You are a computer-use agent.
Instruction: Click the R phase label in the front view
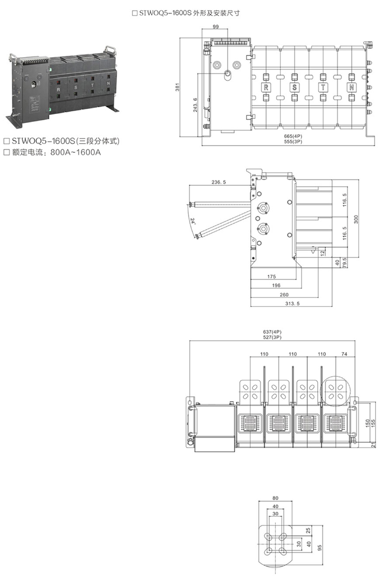pyautogui.click(x=266, y=87)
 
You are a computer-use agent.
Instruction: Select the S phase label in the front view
pyautogui.click(x=294, y=87)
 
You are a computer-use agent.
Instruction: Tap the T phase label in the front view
pyautogui.click(x=323, y=87)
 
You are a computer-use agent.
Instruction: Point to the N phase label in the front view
pyautogui.click(x=351, y=87)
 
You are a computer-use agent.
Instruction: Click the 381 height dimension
pyautogui.click(x=177, y=87)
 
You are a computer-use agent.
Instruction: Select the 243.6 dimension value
pyautogui.click(x=195, y=105)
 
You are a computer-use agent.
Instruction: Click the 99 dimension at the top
pyautogui.click(x=216, y=27)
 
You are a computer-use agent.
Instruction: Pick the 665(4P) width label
pyautogui.click(x=293, y=136)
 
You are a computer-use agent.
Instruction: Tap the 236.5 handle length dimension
pyautogui.click(x=218, y=182)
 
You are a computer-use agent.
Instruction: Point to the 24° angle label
pyautogui.click(x=193, y=221)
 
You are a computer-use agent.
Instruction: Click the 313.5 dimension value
pyautogui.click(x=292, y=303)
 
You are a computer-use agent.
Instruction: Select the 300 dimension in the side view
pyautogui.click(x=356, y=219)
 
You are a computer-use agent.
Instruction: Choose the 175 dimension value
pyautogui.click(x=271, y=276)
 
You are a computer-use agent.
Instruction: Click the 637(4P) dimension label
pyautogui.click(x=272, y=332)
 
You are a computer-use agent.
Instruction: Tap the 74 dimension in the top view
pyautogui.click(x=344, y=354)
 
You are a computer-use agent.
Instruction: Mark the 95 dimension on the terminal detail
pyautogui.click(x=320, y=548)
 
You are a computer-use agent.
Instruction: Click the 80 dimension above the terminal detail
pyautogui.click(x=275, y=498)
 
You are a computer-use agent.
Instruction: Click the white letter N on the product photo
pyautogui.click(x=108, y=83)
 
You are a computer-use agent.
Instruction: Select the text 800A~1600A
pyautogui.click(x=75, y=152)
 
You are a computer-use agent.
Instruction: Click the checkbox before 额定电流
pyautogui.click(x=7, y=152)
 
